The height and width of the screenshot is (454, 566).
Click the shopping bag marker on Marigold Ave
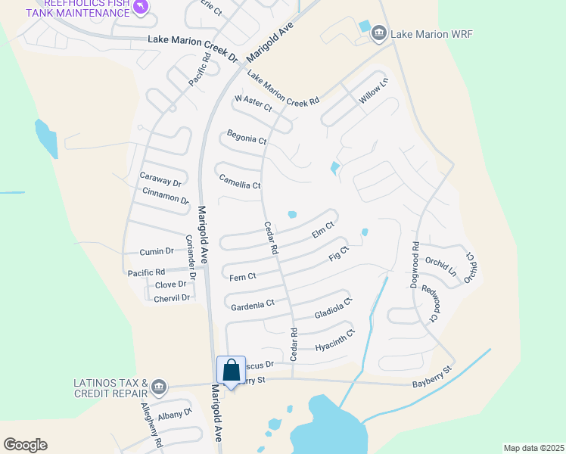coord(232,371)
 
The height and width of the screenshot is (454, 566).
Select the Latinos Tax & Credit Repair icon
coord(159,387)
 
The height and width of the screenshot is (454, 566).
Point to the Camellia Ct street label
coord(239,182)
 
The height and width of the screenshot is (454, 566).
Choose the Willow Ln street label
coord(373,91)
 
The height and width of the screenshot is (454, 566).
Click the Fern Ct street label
coord(243,277)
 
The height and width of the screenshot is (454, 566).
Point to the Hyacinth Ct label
coord(334,340)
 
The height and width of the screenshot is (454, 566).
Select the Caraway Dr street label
coord(160,179)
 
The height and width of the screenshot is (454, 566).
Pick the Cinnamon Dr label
coord(165,194)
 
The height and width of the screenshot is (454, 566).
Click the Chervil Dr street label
coord(172,298)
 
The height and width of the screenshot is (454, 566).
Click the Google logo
coord(25,445)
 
